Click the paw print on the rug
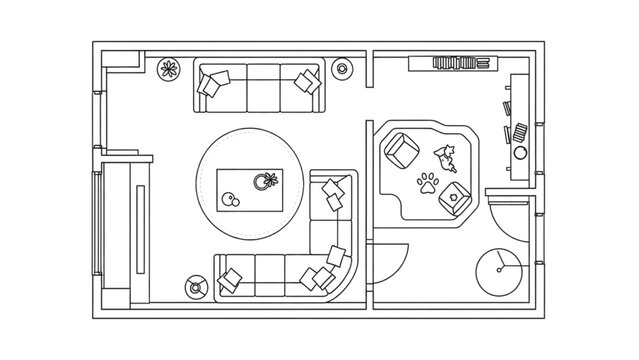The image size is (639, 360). pyautogui.click(x=427, y=182)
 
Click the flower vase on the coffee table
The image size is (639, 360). pyautogui.click(x=267, y=181)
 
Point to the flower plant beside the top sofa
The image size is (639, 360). pyautogui.click(x=169, y=70)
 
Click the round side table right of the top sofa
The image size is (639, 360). pyautogui.click(x=343, y=69)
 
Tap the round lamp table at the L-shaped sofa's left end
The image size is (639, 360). pyautogui.click(x=196, y=286)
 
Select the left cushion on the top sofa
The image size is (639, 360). pyautogui.click(x=214, y=84)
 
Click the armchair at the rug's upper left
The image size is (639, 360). pyautogui.click(x=401, y=149)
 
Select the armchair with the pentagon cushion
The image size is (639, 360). pyautogui.click(x=455, y=197)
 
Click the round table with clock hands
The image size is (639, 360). pyautogui.click(x=496, y=267)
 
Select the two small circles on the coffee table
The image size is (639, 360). pyautogui.click(x=231, y=200)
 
